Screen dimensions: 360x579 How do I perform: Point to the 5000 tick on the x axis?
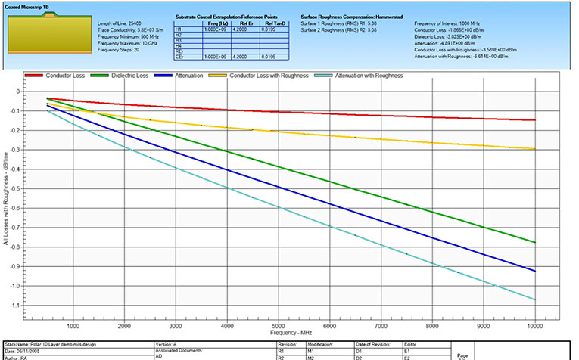click(279, 326)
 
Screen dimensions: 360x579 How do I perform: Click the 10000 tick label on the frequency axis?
click(534, 326)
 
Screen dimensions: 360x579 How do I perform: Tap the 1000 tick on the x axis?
click(73, 326)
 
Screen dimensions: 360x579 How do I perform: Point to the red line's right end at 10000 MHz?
click(535, 119)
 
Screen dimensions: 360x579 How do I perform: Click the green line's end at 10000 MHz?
click(535, 242)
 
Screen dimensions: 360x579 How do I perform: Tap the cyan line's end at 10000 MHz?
click(535, 300)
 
